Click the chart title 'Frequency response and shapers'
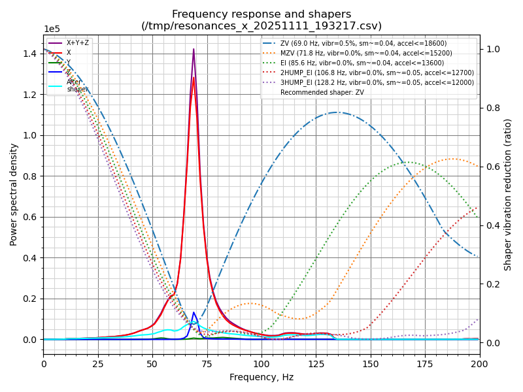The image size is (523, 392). click(261, 14)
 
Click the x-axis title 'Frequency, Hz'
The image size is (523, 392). click(261, 377)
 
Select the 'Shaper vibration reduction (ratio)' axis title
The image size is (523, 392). click(508, 194)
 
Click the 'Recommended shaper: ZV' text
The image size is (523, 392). click(322, 92)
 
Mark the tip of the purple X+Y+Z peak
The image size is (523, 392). click(194, 49)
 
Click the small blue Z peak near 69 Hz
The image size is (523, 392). click(194, 313)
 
